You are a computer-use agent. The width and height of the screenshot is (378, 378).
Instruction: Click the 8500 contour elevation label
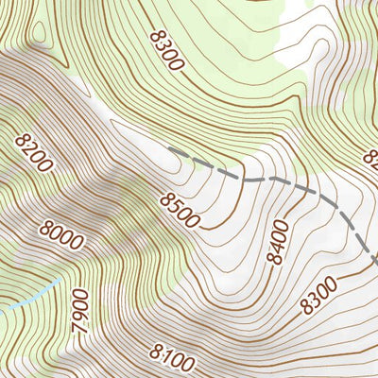[180, 210]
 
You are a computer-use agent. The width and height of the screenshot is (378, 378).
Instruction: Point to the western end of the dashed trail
[170, 149]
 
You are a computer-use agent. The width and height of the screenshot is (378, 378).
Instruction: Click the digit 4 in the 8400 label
[275, 250]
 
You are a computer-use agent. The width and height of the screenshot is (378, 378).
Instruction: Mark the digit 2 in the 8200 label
[28, 146]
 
